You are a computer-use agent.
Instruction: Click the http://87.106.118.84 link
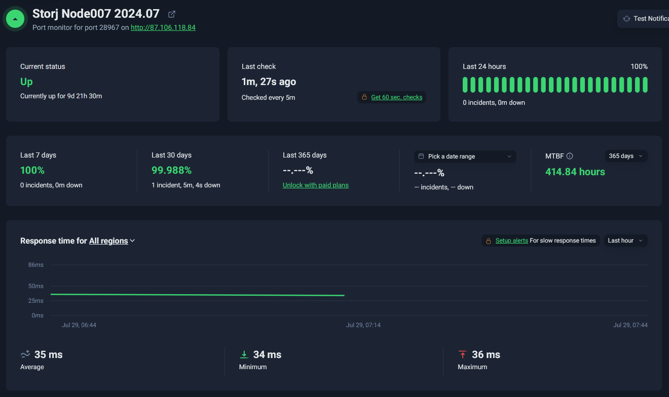163,27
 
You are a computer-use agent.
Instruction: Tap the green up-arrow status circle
15,19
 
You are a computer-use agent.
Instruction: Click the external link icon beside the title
172,14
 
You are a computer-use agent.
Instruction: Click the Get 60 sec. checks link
397,97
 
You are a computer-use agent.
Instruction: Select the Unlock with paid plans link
315,185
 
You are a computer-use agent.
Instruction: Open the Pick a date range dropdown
465,156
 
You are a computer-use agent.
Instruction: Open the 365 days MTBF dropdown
626,156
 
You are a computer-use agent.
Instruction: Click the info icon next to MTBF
570,156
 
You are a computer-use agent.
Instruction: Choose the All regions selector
111,241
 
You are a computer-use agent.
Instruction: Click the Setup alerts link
511,241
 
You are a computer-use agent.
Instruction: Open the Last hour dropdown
625,241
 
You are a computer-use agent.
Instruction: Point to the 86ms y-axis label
36,265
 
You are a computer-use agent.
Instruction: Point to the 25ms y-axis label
36,301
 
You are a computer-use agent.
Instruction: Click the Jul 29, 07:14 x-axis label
363,325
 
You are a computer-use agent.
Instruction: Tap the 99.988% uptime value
171,170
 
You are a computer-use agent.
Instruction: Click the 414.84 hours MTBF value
575,172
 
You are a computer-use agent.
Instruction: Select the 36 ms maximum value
486,354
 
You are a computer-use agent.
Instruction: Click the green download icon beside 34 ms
244,354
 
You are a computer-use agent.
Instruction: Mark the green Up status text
26,82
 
